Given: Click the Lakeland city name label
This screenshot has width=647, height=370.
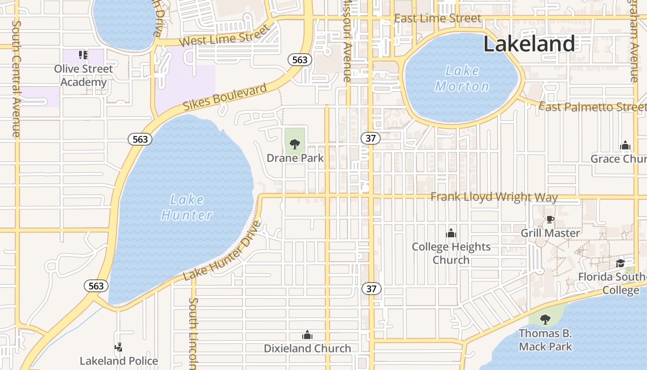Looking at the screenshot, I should point(529,44).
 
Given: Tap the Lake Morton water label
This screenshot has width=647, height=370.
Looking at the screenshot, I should point(462,79).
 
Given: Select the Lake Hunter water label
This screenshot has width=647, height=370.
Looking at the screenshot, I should point(187,207).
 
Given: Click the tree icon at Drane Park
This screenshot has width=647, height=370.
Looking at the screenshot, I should point(295,144).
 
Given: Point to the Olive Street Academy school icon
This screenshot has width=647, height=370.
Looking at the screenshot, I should point(83,55).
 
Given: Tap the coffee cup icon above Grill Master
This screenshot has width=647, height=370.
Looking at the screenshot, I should point(550,219).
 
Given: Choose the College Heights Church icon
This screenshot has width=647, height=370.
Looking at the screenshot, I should point(451,233).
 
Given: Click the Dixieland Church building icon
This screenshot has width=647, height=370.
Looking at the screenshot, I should point(307,335).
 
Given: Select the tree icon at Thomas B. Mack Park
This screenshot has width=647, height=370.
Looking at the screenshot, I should point(545,319).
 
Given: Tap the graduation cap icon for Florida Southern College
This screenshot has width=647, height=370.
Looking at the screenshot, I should point(620,263).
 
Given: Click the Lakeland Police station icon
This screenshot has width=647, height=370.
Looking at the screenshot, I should point(119,347).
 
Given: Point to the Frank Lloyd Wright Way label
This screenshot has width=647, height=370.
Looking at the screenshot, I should point(494,197).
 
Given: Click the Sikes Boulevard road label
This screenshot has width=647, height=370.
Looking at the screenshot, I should point(225,97).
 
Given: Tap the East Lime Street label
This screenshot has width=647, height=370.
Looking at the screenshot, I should point(438,18).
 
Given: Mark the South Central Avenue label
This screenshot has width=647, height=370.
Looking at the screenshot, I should point(16,79).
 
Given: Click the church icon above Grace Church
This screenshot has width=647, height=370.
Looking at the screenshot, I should point(625,146).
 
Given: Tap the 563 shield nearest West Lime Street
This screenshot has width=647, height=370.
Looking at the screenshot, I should point(299,60).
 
